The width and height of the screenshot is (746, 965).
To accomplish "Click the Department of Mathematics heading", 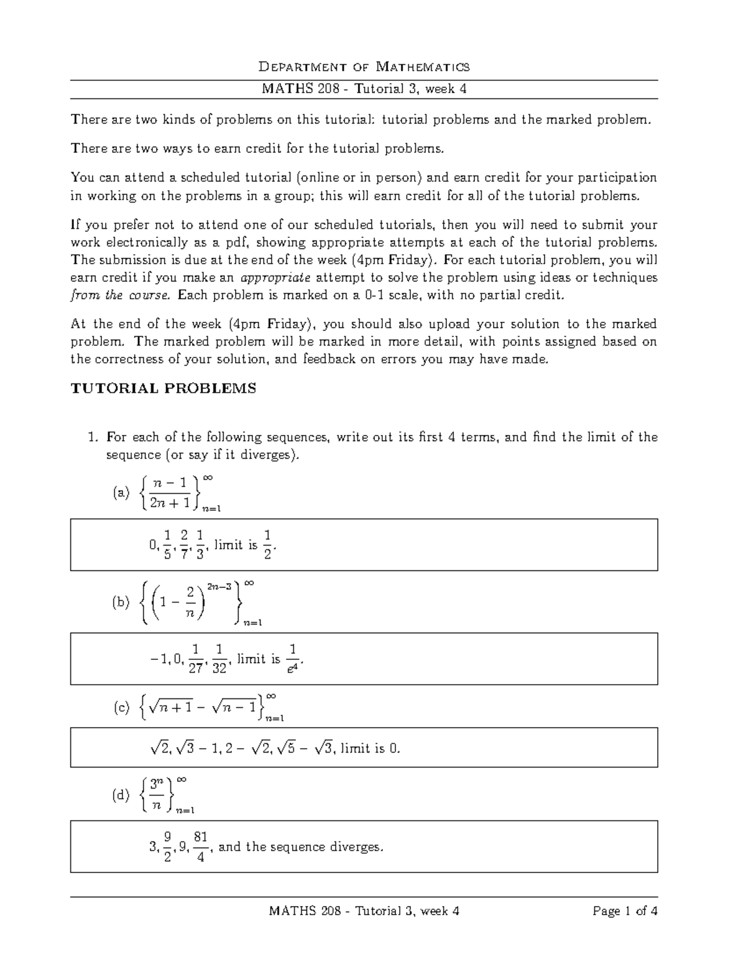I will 364,66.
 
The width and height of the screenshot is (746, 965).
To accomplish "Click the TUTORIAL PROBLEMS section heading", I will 163,389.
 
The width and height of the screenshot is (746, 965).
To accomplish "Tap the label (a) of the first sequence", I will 121,493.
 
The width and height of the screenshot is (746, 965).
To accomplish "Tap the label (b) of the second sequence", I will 121,602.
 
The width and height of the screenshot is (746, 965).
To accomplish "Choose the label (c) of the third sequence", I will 121,707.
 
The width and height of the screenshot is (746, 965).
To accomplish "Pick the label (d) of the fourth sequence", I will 121,795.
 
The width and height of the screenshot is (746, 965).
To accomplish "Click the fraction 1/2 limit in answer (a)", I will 267,544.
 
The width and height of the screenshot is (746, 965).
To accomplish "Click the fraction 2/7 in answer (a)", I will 183,544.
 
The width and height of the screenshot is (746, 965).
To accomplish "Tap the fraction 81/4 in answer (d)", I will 200,847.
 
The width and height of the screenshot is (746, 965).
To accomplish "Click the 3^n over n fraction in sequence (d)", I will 157,795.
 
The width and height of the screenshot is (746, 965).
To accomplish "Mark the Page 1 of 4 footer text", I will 625,911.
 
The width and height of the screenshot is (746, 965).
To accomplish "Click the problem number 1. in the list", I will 93,437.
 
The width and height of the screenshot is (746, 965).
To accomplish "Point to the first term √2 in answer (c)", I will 159,749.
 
